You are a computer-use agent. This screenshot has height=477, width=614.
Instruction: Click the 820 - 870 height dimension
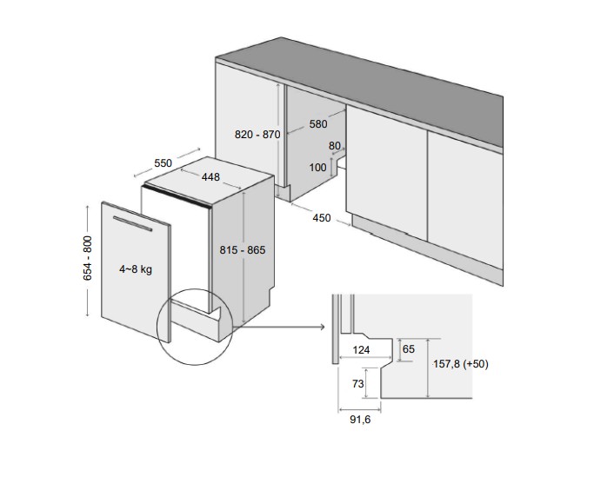(257, 135)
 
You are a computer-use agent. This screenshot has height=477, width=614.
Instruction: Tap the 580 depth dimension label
(317, 124)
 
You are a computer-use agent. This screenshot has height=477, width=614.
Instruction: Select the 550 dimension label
(163, 162)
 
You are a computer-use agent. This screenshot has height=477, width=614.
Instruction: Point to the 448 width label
(210, 177)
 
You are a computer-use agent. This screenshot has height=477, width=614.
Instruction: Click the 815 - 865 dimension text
(243, 249)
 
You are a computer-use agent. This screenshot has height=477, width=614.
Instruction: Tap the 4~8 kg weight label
(136, 269)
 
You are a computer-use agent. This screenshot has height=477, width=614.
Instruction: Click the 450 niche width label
(322, 218)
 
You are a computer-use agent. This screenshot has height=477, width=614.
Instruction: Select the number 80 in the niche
(335, 146)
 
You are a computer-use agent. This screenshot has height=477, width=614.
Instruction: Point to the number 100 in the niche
(317, 167)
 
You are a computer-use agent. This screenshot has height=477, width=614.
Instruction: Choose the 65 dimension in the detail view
(409, 349)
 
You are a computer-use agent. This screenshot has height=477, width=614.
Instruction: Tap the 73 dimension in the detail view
(358, 383)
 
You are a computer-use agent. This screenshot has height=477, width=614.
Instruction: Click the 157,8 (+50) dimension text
(460, 364)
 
